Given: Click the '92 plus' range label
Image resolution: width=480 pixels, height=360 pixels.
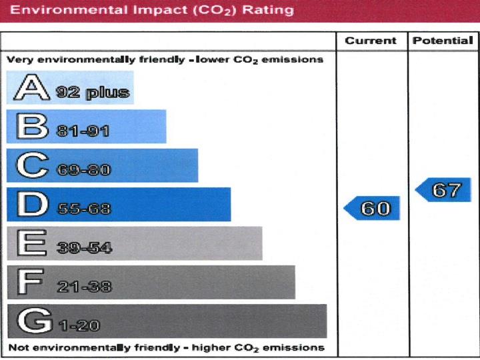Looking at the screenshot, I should click(x=93, y=93).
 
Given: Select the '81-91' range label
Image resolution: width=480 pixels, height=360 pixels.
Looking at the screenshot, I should click(x=83, y=131).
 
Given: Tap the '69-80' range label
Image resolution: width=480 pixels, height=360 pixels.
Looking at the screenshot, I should click(x=83, y=170).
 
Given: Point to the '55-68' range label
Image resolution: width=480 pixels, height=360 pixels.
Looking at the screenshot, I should click(x=83, y=209).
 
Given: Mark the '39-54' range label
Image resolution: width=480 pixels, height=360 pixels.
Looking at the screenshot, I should click(x=83, y=248).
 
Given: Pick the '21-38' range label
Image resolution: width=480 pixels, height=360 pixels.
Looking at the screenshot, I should click(x=83, y=287).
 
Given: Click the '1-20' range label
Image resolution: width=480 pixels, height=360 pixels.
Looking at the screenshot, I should click(x=79, y=326).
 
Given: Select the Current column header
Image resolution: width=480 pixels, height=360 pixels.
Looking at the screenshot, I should click(x=371, y=41).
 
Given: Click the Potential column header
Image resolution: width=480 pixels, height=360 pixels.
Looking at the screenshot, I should click(x=443, y=41).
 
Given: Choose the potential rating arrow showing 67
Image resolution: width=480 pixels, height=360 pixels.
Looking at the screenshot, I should click(x=443, y=190).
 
